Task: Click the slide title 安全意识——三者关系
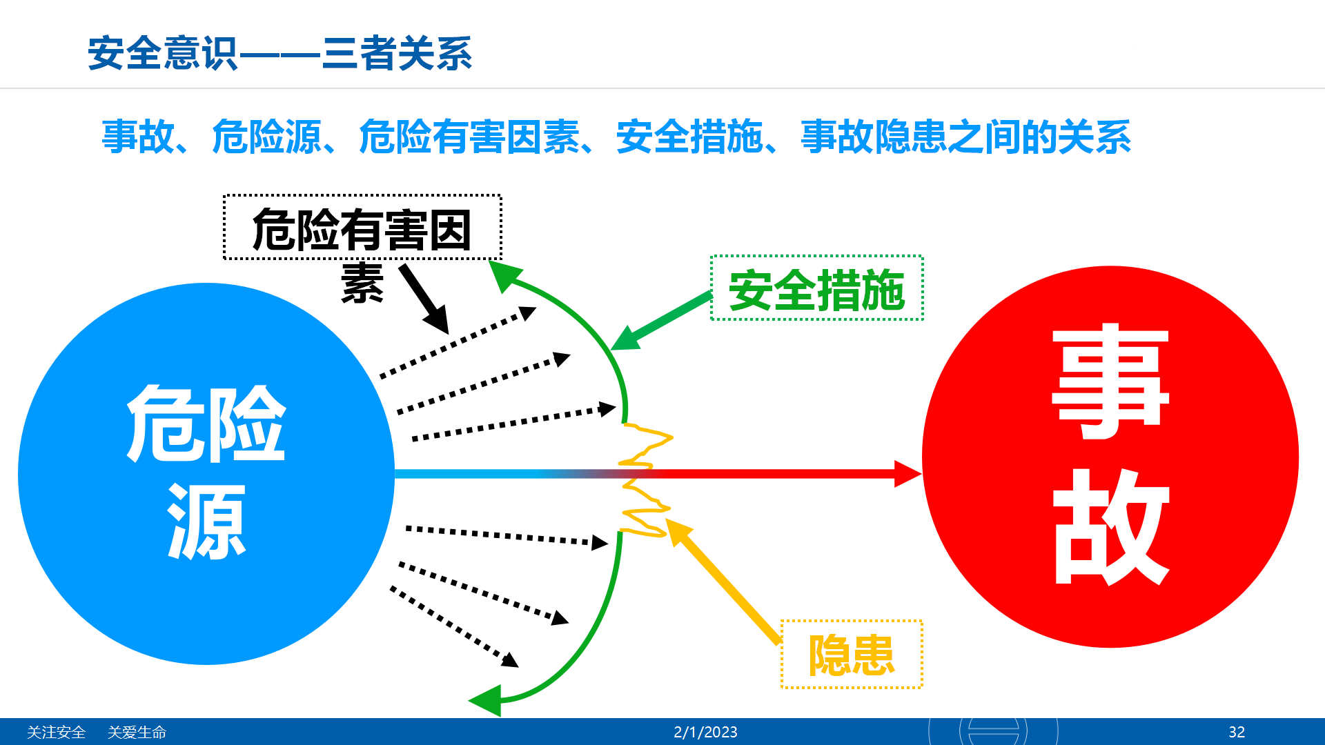pos(279,54)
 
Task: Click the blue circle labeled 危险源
pos(206,474)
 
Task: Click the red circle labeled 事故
pos(1110,457)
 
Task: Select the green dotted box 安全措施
pos(817,288)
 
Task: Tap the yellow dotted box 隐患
pos(852,654)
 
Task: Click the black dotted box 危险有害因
pos(362,228)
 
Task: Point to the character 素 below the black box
pos(362,283)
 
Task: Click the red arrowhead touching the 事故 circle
pos(908,474)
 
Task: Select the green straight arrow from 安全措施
pos(661,322)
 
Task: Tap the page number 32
pos(1237,732)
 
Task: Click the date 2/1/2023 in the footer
pos(705,732)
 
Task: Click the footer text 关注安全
pos(56,732)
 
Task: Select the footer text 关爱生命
pos(137,732)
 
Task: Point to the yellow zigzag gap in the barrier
pos(646,480)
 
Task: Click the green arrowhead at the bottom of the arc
pos(485,700)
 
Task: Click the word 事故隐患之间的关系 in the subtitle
pos(965,137)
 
